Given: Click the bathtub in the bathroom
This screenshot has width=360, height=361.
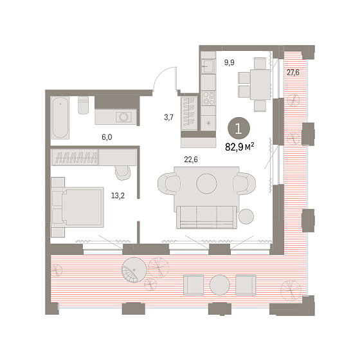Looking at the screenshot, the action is point(60,118).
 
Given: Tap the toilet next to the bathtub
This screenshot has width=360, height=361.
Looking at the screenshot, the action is point(83,105).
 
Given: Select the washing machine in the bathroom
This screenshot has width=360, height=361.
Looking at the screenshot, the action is point(123,116).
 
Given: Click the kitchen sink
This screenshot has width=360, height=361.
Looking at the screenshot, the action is point(208,66).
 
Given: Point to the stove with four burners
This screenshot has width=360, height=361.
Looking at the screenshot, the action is point(208,98).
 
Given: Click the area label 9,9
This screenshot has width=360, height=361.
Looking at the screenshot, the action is point(230,62).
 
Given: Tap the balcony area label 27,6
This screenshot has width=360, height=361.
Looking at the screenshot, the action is point(293,73).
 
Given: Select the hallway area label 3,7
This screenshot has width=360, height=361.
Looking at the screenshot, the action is point(168,117).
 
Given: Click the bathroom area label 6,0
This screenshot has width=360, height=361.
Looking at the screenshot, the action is point(107,137).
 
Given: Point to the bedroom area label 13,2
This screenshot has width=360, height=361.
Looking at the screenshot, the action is point(118,196).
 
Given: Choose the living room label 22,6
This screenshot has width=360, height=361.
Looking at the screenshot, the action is point(191,160).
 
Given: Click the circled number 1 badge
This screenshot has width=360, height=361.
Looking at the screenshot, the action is point(239,128).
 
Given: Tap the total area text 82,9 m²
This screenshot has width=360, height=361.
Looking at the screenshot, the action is point(240,147).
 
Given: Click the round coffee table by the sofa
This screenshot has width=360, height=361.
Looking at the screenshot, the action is point(206,183).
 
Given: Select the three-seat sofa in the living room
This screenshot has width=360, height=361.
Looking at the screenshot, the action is point(206,217).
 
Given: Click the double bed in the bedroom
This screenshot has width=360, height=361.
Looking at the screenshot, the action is point(78,207).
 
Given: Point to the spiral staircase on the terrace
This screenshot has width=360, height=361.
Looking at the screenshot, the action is point(134,270).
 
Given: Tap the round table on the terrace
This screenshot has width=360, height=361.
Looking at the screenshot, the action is point(220,285).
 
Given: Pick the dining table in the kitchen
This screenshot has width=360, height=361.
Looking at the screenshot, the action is point(260,84).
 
